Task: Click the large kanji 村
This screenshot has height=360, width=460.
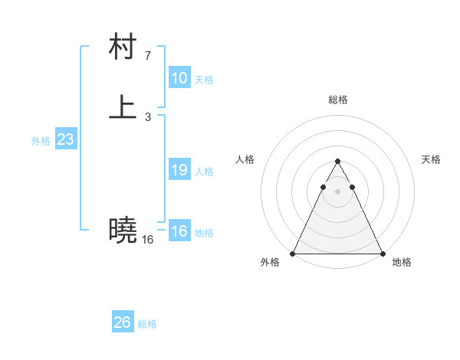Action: (x=123, y=47)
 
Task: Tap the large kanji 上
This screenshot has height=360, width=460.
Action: (x=123, y=107)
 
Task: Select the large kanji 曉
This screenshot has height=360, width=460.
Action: (x=123, y=229)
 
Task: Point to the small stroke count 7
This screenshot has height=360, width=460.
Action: (x=148, y=55)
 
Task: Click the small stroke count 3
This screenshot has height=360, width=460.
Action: (x=148, y=117)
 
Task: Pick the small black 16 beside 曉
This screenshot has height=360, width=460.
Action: (x=147, y=240)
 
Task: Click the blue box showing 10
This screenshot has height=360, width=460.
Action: (x=179, y=78)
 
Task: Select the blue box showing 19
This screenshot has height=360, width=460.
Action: (x=179, y=170)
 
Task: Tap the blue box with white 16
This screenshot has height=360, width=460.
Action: (x=179, y=231)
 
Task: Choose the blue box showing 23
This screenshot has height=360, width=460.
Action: (x=65, y=139)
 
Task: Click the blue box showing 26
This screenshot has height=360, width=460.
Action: (x=123, y=322)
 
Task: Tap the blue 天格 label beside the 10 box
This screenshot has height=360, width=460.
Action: (x=204, y=80)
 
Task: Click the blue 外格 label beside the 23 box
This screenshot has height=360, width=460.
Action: (x=41, y=141)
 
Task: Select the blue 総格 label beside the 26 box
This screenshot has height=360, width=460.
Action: (x=147, y=324)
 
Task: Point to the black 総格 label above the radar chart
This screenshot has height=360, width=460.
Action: (x=337, y=100)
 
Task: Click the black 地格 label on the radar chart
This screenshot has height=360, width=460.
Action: (x=402, y=262)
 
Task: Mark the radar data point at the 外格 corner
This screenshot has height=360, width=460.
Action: (x=293, y=254)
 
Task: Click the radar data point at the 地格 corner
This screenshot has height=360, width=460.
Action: (x=382, y=254)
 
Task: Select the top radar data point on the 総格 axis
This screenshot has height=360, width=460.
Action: (x=337, y=162)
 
